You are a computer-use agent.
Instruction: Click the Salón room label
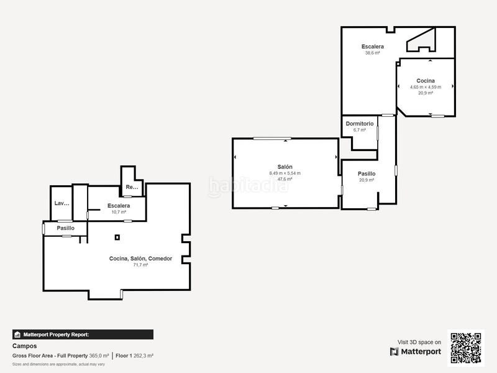coord(285,167)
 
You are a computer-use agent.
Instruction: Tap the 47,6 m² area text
coord(285,179)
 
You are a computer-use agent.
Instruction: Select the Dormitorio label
coord(359,124)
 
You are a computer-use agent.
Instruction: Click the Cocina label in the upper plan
coord(426,81)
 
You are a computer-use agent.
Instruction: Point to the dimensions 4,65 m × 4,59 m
coord(426,87)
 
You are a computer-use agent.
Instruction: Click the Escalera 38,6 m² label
coord(373,47)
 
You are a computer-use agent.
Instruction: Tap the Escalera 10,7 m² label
coord(118,206)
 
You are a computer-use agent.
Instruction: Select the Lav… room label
coord(62,203)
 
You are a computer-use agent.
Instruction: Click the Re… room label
coord(132,187)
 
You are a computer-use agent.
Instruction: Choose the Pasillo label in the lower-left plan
coord(65,228)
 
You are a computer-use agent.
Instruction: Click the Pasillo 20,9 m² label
coord(367,174)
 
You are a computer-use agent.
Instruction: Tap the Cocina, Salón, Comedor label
coord(140,259)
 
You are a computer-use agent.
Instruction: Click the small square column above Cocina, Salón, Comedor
coord(117,237)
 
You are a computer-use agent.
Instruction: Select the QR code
coord(466,348)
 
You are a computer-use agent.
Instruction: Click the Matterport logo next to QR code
coord(416,351)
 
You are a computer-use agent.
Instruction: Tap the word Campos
coord(25,346)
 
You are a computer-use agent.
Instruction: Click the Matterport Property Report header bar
coord(83,334)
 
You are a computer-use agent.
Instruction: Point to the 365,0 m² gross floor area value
coord(98,356)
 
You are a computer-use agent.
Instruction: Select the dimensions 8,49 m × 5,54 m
coord(285,173)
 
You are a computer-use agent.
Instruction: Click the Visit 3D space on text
coord(419,342)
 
